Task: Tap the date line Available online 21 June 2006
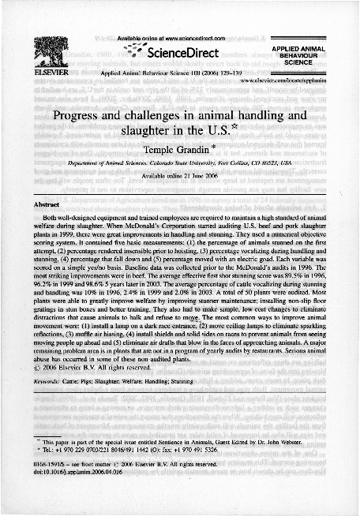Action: click(x=178, y=176)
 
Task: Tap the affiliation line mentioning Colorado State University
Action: click(x=179, y=163)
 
